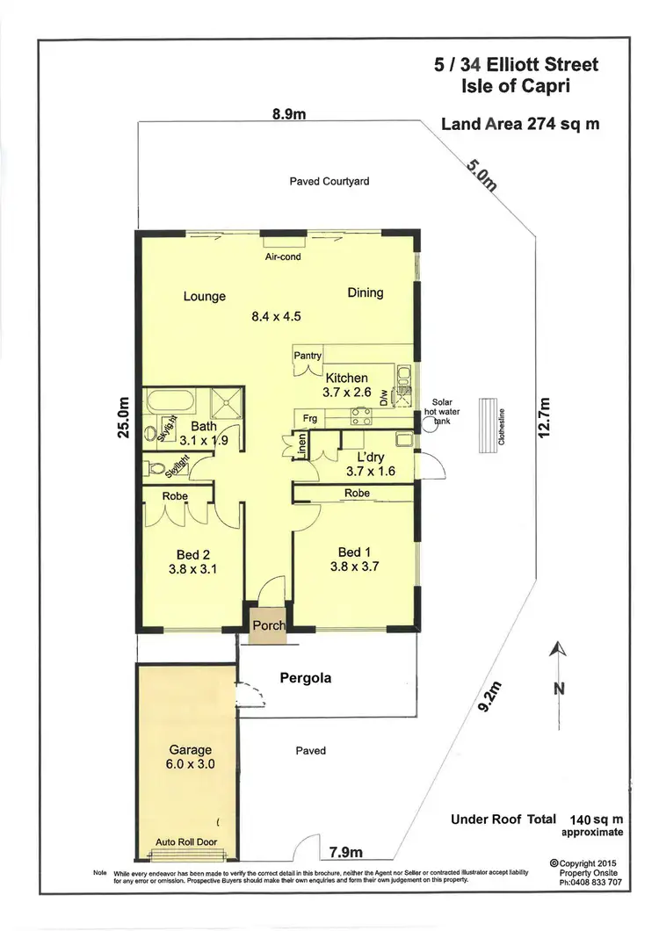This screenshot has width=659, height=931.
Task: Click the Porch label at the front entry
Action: click(268, 625)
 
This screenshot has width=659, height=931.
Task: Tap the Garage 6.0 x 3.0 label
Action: click(191, 757)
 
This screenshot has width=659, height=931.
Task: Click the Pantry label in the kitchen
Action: click(308, 356)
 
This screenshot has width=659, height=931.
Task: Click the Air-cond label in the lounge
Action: click(283, 257)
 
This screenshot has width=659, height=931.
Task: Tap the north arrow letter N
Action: click(557, 689)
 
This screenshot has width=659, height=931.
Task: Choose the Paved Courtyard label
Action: click(329, 181)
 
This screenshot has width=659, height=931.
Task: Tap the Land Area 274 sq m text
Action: click(520, 124)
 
